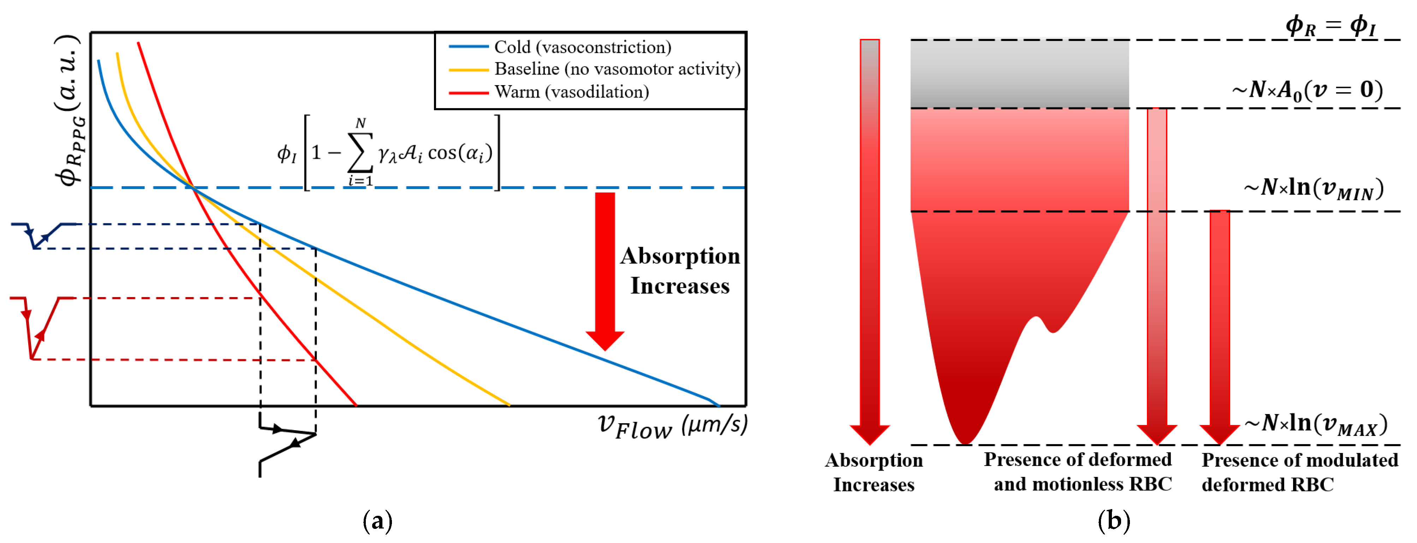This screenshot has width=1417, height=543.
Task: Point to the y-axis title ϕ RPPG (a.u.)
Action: click(x=70, y=110)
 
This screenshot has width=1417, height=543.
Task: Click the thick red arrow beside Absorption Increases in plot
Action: click(x=605, y=270)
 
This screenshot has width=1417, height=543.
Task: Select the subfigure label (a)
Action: click(x=377, y=520)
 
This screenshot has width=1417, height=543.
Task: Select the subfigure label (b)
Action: click(x=1113, y=520)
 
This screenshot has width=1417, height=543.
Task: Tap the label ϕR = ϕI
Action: click(x=1330, y=26)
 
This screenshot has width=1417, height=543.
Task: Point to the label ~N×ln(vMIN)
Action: click(x=1314, y=189)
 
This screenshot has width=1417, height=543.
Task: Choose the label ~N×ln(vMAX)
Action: click(x=1316, y=424)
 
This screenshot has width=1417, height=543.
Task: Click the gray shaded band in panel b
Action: click(x=1019, y=74)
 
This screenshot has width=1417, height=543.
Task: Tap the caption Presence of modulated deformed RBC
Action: click(x=1299, y=472)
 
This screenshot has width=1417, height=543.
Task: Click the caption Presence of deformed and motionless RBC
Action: click(x=1078, y=472)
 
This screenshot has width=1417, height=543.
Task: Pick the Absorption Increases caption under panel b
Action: click(x=874, y=472)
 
